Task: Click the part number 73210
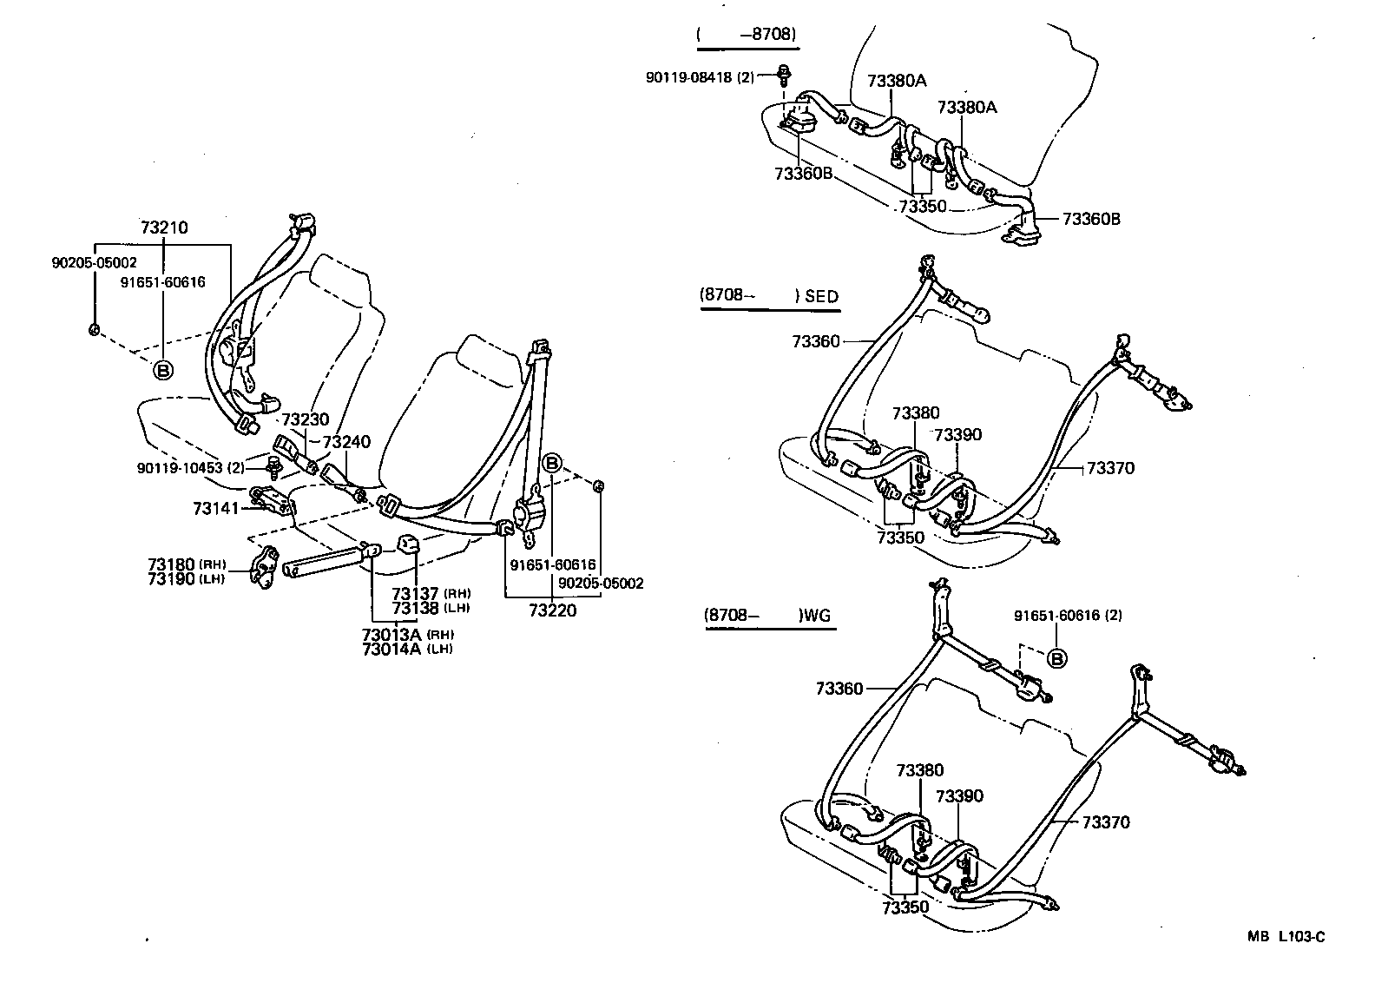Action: coord(164,228)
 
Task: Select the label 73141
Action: coord(215,507)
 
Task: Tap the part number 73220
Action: coord(552,610)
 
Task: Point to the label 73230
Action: coord(306,419)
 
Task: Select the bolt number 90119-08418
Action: coord(701,77)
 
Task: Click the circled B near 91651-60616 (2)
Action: coord(1057,659)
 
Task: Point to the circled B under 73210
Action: coord(162,370)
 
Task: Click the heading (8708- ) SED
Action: coord(769,296)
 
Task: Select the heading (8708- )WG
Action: coord(767,617)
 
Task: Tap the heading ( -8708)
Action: coord(747,35)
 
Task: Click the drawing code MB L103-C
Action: coord(1286,936)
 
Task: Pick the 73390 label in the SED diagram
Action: coord(958,435)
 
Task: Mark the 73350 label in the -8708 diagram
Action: coord(922,207)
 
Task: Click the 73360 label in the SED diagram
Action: coord(815,342)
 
